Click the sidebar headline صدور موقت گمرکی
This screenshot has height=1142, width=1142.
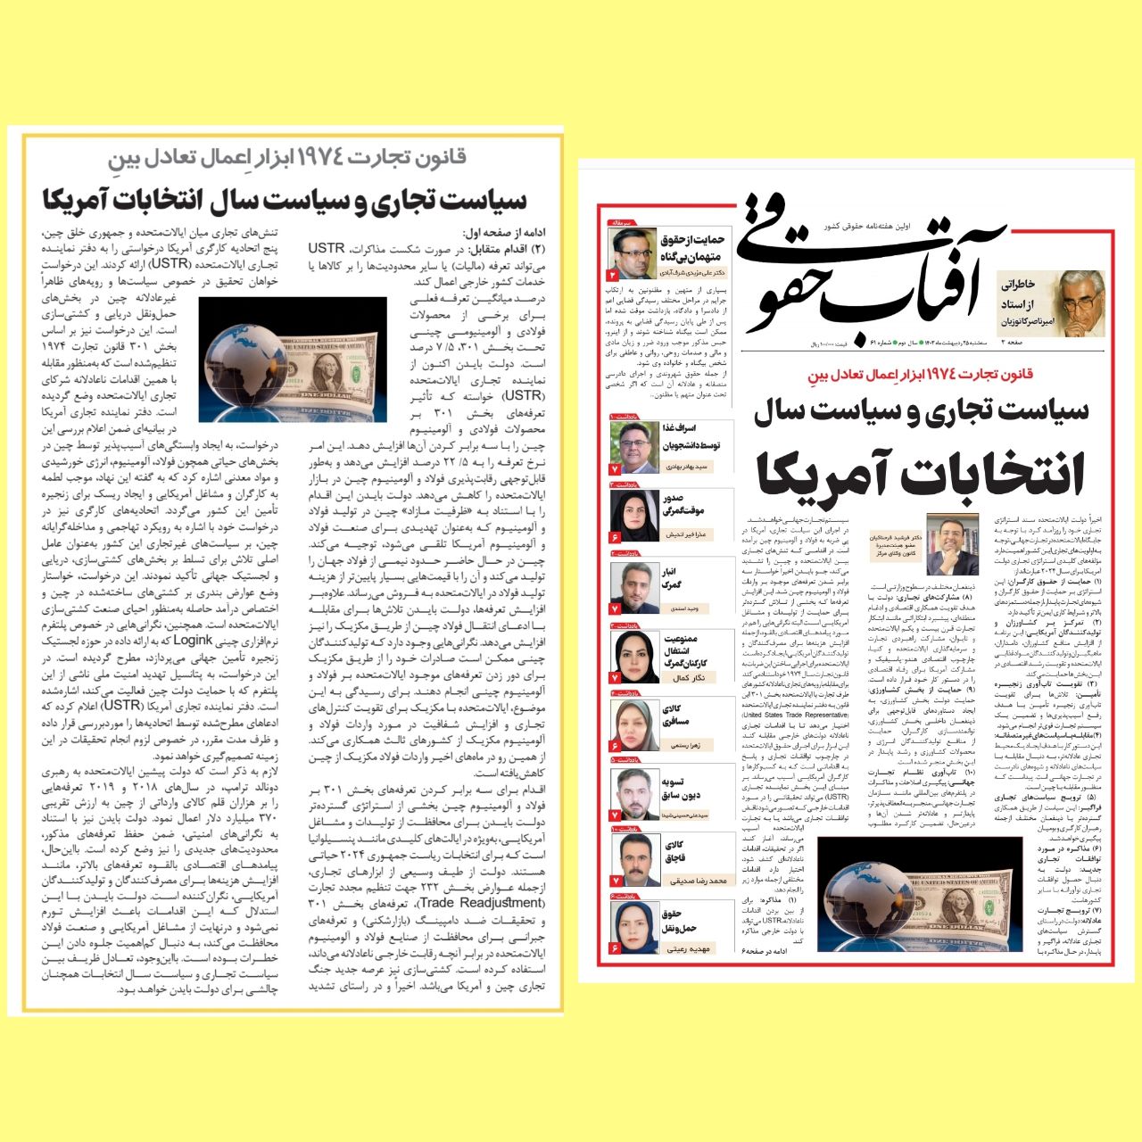pyautogui.click(x=685, y=505)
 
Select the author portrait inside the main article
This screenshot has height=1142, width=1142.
pyautogui.click(x=952, y=544)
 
